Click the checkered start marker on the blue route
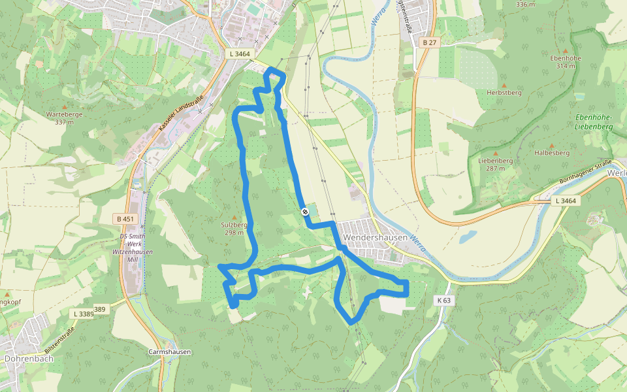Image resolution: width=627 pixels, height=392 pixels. click(x=305, y=211)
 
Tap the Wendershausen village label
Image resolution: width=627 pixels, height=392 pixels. click(x=375, y=238)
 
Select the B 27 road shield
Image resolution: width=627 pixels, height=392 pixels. click(x=428, y=42)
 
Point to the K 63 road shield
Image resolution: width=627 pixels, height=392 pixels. click(x=443, y=301)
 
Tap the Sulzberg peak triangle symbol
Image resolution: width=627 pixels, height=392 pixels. click(x=234, y=217)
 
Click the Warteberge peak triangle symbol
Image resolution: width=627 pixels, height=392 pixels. click(x=64, y=106)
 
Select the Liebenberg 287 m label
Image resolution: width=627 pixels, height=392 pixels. click(x=495, y=164)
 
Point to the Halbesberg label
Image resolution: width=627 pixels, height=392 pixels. click(x=551, y=153)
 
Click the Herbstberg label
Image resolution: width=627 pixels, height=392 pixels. click(x=504, y=93)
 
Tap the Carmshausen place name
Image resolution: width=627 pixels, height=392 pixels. click(x=169, y=352)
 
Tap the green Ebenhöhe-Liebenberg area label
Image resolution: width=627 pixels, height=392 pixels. click(x=593, y=122)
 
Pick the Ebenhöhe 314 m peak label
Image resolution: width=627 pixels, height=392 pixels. click(x=566, y=61)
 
